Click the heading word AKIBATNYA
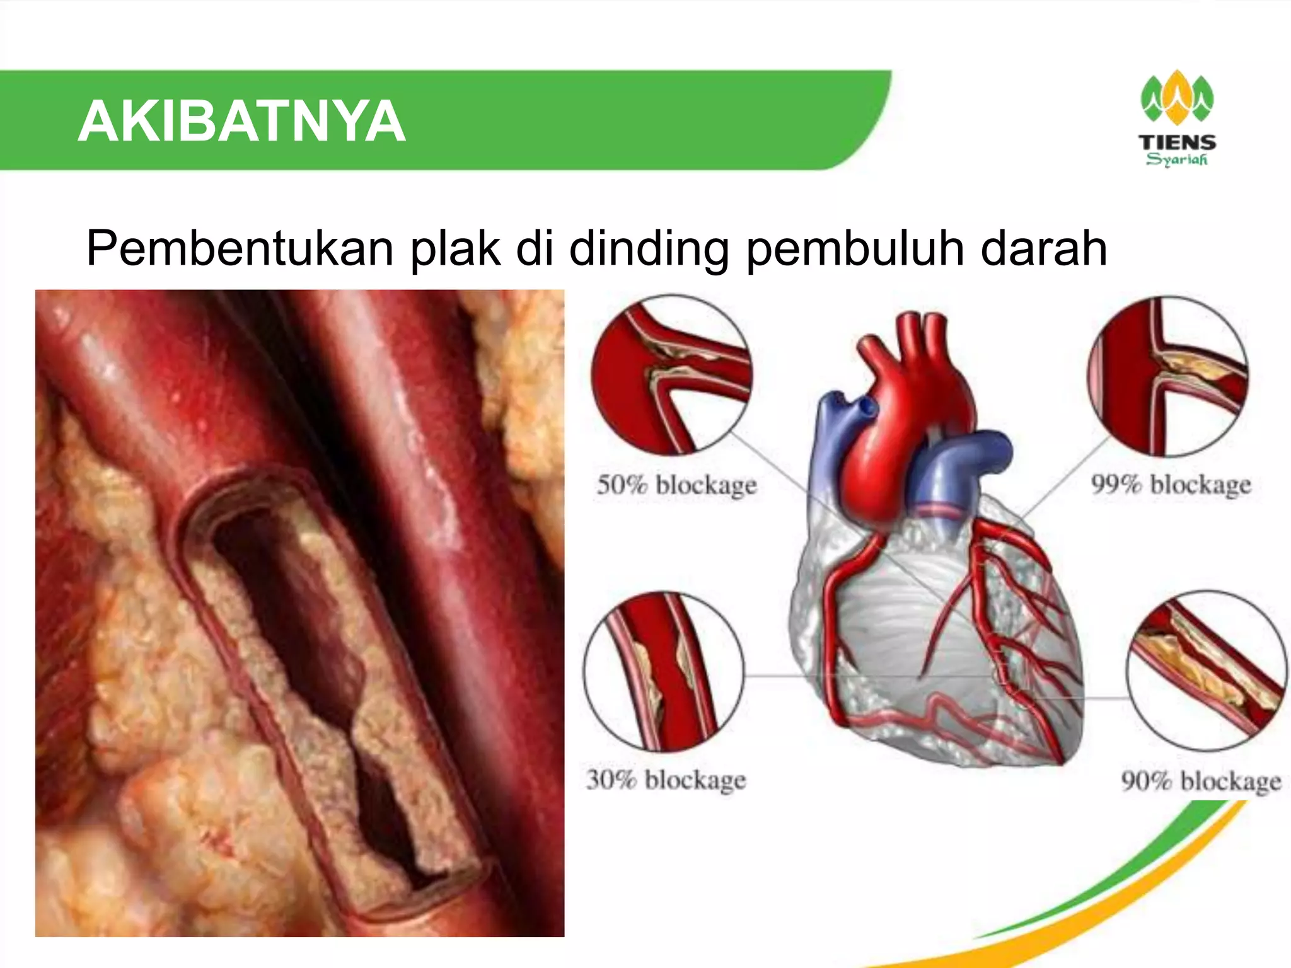(x=241, y=122)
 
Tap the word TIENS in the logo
(x=1177, y=142)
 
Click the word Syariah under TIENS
(x=1177, y=159)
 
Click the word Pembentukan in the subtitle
(x=240, y=249)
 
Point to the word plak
(x=455, y=249)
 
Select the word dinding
(x=649, y=249)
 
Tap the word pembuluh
(x=854, y=249)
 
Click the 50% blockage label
(x=676, y=486)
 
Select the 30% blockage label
(x=666, y=780)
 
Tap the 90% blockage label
(x=1201, y=781)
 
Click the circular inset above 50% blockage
(x=671, y=375)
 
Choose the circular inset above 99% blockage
(x=1168, y=376)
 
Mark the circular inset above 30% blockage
(x=663, y=671)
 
